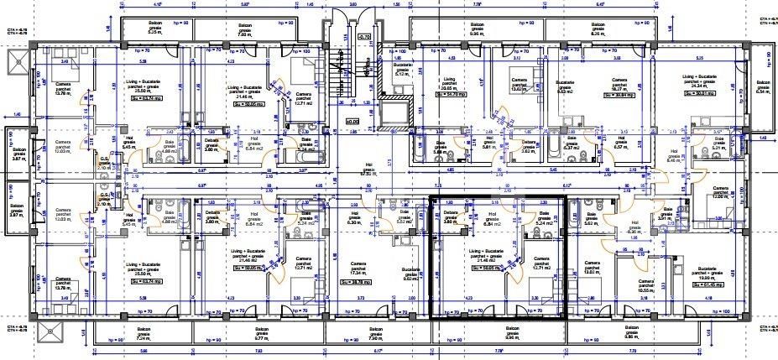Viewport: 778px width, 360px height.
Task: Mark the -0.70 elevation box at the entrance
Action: click(363, 38)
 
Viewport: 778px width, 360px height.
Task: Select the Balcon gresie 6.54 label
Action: click(762, 86)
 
